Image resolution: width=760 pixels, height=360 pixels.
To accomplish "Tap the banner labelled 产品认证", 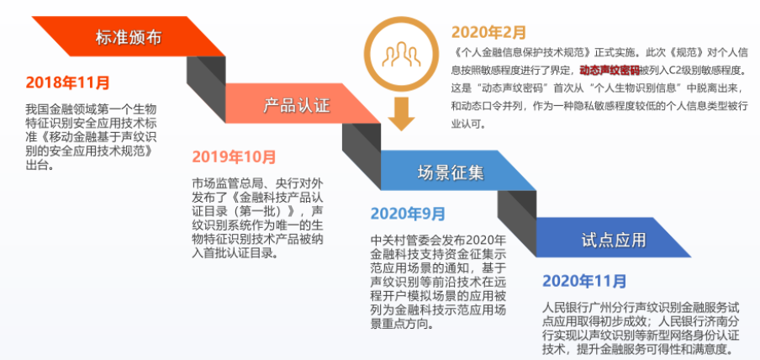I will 297,105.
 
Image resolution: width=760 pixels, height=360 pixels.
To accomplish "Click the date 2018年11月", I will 67,82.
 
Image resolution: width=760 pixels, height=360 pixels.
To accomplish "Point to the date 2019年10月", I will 234,156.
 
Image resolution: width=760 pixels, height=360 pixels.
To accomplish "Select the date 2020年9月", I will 408,214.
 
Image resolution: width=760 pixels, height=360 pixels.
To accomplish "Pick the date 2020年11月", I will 584,280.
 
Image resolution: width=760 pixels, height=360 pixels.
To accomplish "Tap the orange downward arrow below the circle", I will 401,113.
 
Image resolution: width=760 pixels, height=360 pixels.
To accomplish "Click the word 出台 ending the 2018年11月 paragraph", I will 38,166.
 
